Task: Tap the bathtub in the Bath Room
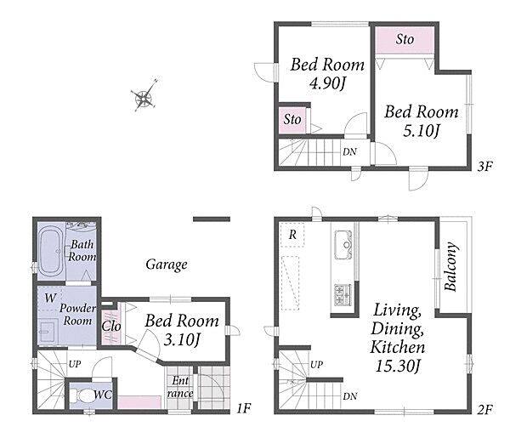click(51, 251)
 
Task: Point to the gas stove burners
click(343, 294)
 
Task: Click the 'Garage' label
click(167, 265)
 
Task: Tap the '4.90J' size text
click(327, 83)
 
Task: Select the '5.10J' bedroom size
click(422, 131)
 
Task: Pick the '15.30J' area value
click(398, 366)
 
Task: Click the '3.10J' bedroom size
click(182, 339)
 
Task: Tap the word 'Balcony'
click(451, 266)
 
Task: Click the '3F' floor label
click(485, 167)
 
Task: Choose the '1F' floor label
click(244, 408)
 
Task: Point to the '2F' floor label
click(485, 409)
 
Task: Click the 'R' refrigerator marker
click(292, 235)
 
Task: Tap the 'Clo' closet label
click(111, 326)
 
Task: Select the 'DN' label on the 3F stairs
click(349, 151)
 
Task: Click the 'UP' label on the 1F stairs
click(75, 364)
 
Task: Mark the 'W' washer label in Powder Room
click(50, 298)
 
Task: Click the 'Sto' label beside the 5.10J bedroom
click(405, 39)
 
